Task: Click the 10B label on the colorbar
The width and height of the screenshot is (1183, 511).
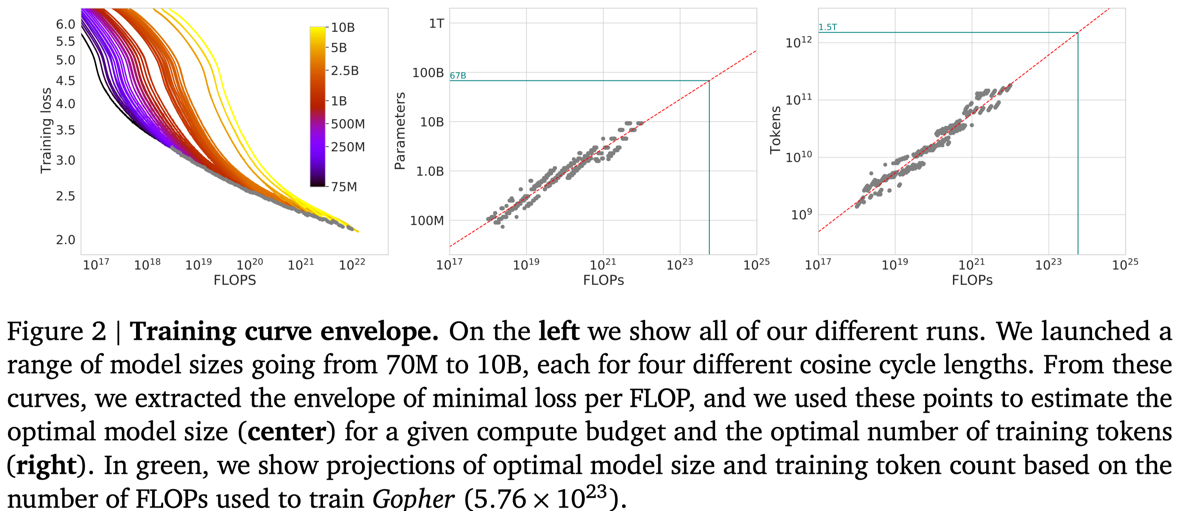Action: coord(343,27)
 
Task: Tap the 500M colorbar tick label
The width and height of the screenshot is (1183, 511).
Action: coord(348,124)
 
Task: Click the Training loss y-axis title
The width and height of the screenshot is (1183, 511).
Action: coord(46,130)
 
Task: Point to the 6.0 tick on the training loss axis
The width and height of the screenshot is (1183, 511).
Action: coord(65,24)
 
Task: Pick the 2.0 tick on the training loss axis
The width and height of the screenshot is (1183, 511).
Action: coord(65,240)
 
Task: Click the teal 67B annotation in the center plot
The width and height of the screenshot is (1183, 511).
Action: coord(458,76)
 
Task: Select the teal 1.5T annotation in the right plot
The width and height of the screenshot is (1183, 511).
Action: coord(827,27)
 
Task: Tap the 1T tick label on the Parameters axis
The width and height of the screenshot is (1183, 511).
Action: coord(436,24)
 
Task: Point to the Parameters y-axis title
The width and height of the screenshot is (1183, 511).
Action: coord(400,131)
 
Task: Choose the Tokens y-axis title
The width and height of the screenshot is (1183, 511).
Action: coord(775,130)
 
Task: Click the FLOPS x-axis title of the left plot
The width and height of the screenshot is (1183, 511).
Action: coord(235,280)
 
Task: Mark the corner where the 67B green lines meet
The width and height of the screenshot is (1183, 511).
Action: coord(709,81)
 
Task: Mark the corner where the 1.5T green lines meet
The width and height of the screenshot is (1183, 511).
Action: coord(1078,33)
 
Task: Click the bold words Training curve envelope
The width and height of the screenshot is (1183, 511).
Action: coord(284,332)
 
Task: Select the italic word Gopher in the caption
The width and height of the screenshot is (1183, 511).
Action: coord(413,498)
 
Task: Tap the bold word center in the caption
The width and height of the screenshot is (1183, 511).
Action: coord(287,432)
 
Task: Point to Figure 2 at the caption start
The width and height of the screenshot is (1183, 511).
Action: coord(56,332)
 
